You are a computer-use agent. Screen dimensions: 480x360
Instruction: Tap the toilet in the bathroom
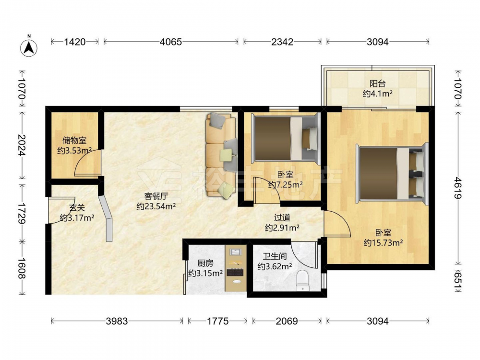[303, 280]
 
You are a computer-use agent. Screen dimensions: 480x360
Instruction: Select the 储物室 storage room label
[74, 141]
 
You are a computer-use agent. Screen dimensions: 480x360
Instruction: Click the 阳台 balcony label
[377, 84]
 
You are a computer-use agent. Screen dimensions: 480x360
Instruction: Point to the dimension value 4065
[171, 42]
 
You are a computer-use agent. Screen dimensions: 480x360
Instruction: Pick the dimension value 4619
[457, 188]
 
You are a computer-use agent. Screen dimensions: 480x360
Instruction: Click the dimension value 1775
[217, 321]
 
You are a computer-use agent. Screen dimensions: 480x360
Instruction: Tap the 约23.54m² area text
[156, 206]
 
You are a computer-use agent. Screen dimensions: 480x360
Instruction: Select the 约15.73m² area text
[383, 243]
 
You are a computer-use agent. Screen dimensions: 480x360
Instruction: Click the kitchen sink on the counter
[235, 252]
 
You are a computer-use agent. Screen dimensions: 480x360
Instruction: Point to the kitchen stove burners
[235, 272]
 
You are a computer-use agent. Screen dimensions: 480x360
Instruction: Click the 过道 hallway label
[282, 217]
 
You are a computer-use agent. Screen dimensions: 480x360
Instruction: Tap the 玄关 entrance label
[76, 208]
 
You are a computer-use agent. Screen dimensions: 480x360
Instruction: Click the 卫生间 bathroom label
[275, 256]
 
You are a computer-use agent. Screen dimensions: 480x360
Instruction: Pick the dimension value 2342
[282, 42]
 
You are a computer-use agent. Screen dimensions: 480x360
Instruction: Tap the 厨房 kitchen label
[205, 263]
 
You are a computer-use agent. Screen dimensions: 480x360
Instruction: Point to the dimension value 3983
[117, 321]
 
